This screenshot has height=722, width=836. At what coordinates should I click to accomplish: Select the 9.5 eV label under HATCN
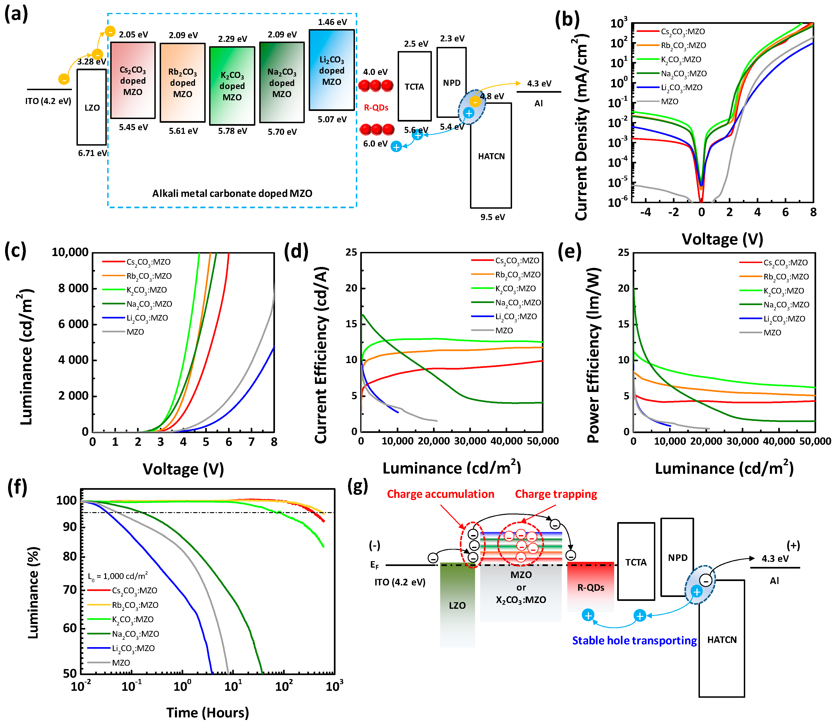[492, 217]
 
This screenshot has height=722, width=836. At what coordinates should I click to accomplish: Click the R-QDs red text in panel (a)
[376, 107]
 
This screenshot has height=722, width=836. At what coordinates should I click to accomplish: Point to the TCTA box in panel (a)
[414, 86]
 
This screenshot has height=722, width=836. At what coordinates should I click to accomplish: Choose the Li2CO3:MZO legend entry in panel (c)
[147, 318]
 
